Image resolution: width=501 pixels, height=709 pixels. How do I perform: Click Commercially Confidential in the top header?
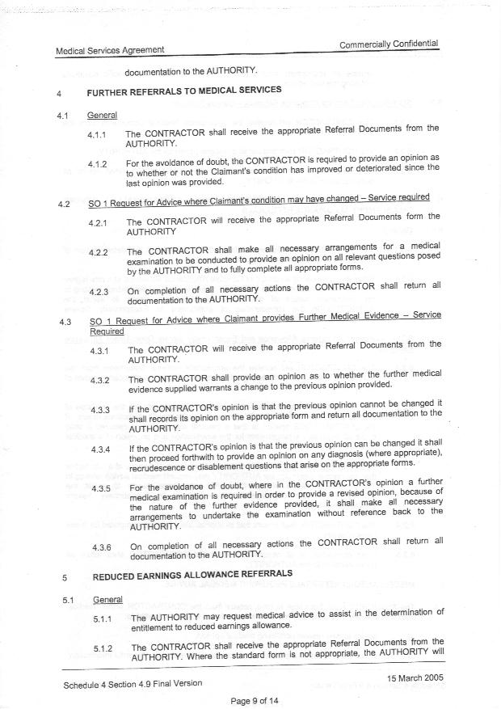(389, 44)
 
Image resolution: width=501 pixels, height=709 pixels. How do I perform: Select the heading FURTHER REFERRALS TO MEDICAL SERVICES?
(184, 90)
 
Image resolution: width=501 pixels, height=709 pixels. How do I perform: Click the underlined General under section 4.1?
(102, 116)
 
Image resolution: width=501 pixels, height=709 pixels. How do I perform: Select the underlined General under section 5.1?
(107, 601)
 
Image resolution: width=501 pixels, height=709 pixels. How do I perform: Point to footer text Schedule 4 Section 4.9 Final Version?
(133, 684)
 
